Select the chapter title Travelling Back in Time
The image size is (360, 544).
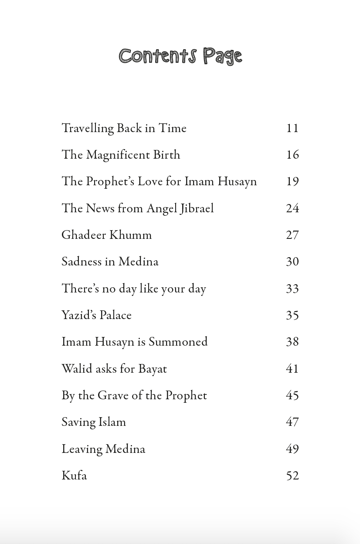[124, 129]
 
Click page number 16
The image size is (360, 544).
[292, 155]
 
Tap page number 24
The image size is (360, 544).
[292, 208]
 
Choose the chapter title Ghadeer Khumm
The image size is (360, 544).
[106, 235]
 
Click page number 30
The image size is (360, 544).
[292, 262]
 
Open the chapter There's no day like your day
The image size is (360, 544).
[133, 289]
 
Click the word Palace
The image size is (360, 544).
[116, 316]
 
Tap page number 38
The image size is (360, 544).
[292, 342]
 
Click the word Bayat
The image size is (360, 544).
[153, 369]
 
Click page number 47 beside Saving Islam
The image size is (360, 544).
[292, 422]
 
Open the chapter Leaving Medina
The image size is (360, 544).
[103, 449]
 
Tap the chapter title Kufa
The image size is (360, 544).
[74, 476]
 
